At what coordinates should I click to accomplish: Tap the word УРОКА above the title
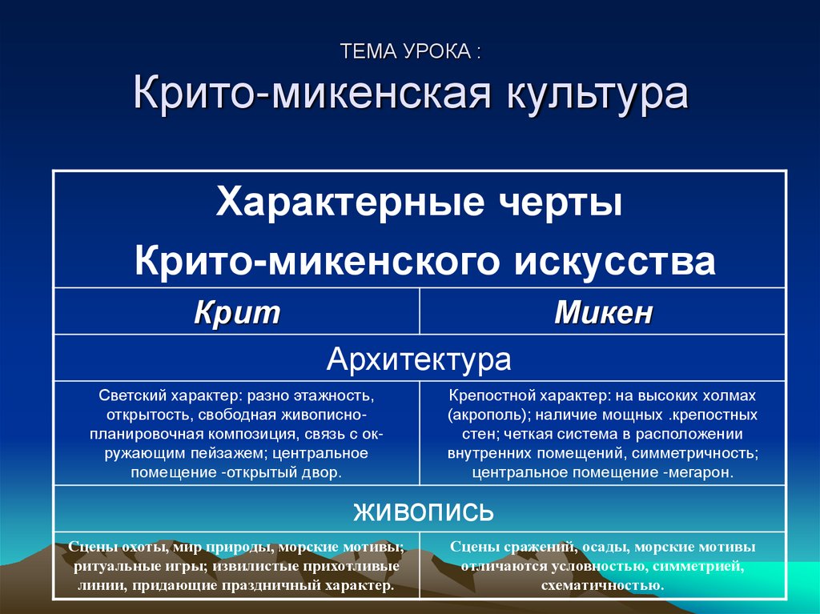coord(433,54)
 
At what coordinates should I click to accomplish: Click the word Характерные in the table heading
coord(344,201)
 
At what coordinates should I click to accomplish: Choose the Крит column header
coord(237,312)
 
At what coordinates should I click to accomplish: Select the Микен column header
coord(603,312)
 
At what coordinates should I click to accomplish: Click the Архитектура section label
coord(419,359)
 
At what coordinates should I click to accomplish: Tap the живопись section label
coord(419,510)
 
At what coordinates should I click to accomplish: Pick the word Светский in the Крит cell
coord(131,396)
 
